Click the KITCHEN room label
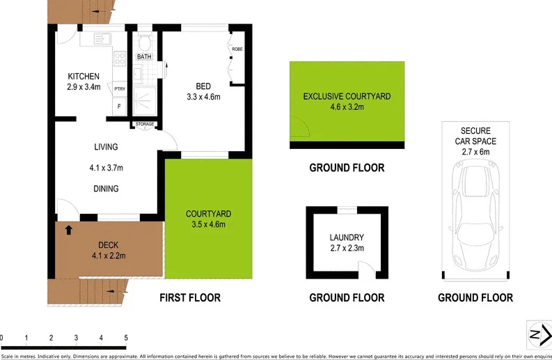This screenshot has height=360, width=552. [84, 76]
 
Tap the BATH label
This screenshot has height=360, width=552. [144, 57]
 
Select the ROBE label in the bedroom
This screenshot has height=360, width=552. [237, 50]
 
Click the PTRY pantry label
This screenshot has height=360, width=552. [120, 88]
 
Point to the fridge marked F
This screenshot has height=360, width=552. [119, 107]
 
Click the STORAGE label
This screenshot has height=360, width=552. [145, 125]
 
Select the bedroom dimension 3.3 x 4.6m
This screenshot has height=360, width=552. [203, 97]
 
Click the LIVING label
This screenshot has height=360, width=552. [106, 147]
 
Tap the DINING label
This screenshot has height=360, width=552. [106, 188]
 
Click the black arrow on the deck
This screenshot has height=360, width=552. [68, 228]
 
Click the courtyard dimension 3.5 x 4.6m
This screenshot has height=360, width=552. [208, 224]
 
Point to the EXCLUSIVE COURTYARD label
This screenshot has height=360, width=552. [347, 95]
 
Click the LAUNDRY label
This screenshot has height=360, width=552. [347, 237]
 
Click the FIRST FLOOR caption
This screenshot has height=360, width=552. [190, 298]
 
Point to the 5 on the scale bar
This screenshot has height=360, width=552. [126, 338]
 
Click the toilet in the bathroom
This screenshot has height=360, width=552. [144, 39]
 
